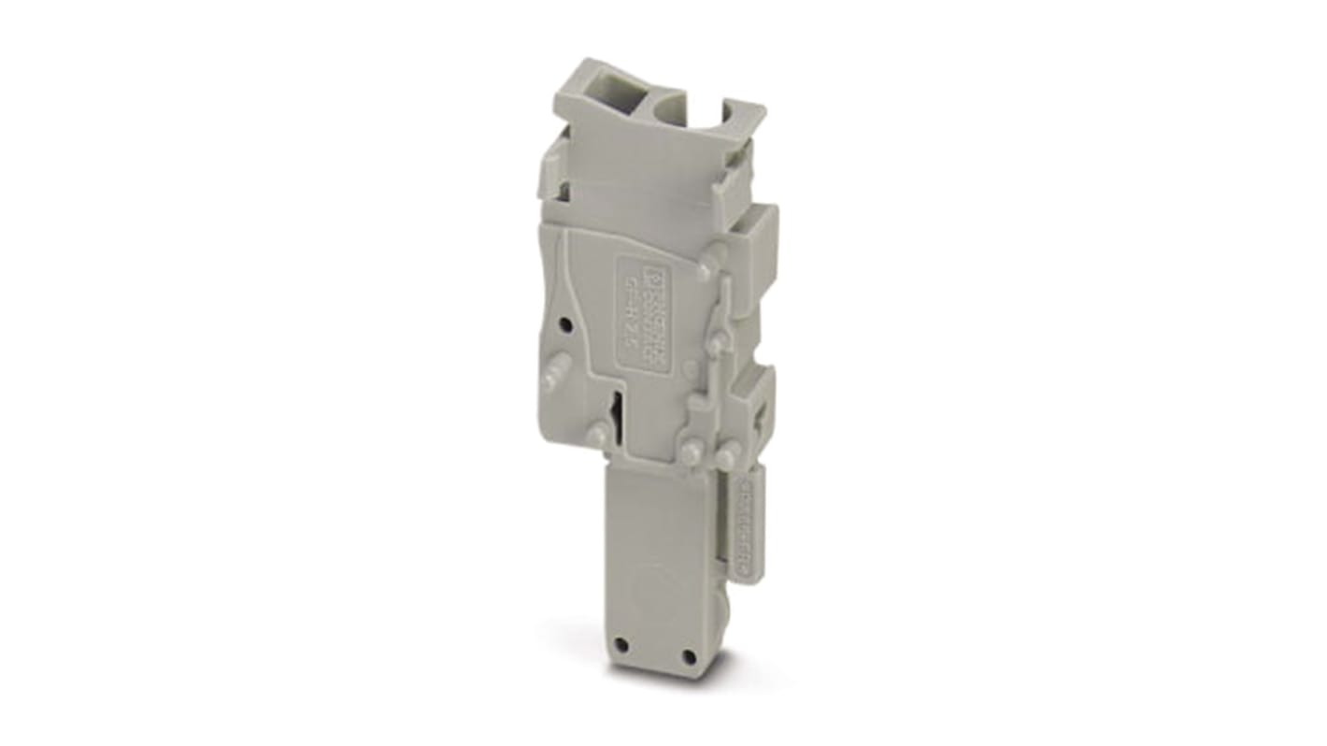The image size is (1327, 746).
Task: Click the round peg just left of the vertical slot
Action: [x=593, y=432]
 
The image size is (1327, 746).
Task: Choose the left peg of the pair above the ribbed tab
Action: [x=691, y=453]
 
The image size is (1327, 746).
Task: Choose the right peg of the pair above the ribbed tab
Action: [x=726, y=457]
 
